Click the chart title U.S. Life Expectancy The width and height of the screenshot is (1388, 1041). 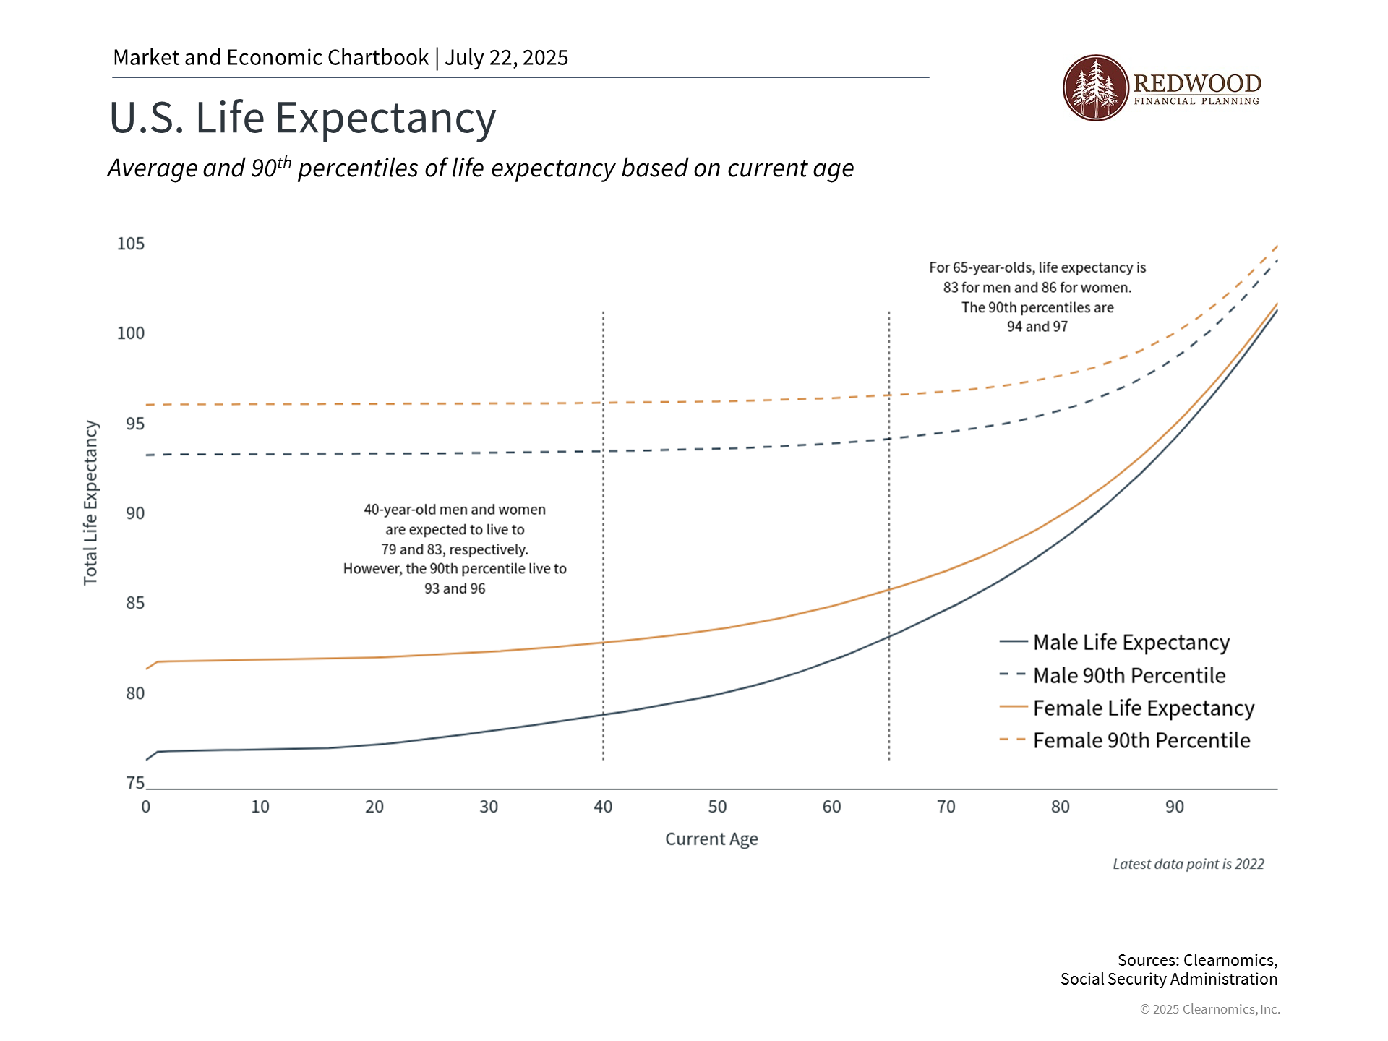point(302,118)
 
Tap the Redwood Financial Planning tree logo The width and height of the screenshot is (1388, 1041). point(1095,87)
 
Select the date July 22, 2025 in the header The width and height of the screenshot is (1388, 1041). point(506,58)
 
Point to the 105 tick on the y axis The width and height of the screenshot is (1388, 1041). point(131,244)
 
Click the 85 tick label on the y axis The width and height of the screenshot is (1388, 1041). point(135,603)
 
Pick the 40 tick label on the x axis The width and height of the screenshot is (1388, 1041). point(603,807)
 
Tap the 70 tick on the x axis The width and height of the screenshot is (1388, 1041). point(946,807)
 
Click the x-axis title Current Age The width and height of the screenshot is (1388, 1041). point(711,839)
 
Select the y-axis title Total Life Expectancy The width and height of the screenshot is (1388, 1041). point(90,502)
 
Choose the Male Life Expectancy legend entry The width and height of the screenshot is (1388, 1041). point(1131,642)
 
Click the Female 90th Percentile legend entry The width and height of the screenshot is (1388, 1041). point(1141,740)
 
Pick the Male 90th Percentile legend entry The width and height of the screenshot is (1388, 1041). point(1128,675)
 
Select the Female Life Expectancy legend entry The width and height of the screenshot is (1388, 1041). point(1143,708)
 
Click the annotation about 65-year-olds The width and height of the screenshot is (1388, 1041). point(1037,297)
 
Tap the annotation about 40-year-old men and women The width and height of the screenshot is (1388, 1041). point(455,549)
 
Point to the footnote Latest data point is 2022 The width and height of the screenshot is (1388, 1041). point(1188,864)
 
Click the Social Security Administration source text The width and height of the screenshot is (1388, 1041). point(1168,980)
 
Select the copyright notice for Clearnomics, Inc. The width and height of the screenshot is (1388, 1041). point(1209,1009)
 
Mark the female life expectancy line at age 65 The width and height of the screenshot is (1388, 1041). point(889,589)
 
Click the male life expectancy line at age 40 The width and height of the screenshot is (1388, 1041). point(603,714)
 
